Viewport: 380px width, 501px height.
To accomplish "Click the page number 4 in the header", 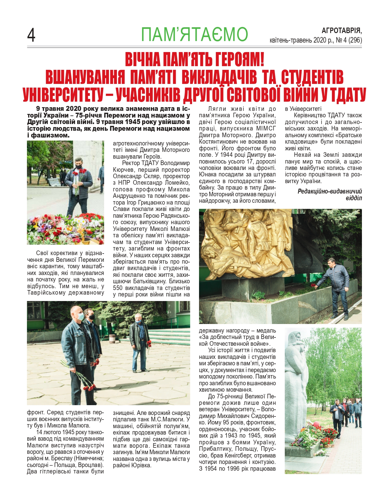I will pyautogui.click(x=31, y=35).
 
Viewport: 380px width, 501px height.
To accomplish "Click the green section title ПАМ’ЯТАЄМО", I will pyautogui.click(x=194, y=34).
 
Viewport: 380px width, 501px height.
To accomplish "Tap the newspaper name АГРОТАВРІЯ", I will pyautogui.click(x=341, y=31).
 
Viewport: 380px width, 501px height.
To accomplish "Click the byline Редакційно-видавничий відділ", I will pyautogui.click(x=330, y=195).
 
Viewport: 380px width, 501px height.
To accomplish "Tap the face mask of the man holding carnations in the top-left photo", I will pyautogui.click(x=79, y=167).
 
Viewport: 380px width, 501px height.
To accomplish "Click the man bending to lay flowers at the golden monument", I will pyautogui.click(x=337, y=285).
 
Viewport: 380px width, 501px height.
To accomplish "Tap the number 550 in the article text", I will pyautogui.click(x=119, y=288).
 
